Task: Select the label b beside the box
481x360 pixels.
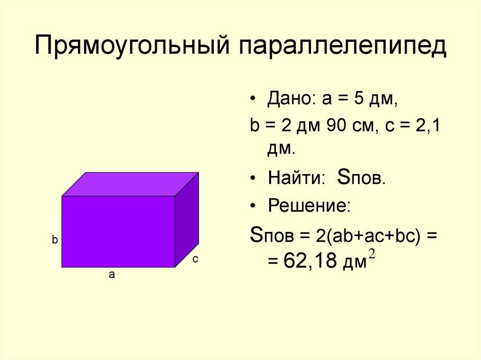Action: [x=54, y=240]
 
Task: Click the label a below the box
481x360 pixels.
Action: [x=112, y=275]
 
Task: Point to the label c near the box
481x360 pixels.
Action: [x=195, y=259]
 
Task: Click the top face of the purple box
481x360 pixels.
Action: [x=130, y=184]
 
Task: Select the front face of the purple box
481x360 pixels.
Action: [x=118, y=231]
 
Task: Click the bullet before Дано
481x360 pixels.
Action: [x=254, y=100]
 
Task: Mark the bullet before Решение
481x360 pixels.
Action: [x=254, y=207]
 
